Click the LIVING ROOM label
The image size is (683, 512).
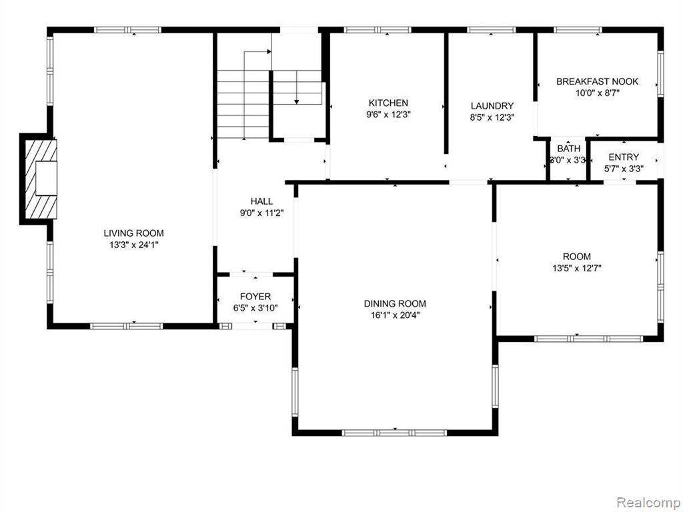coord(133,233)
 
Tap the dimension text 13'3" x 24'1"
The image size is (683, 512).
coord(133,245)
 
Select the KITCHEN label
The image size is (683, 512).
coord(389,103)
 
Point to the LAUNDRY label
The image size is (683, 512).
coord(492,106)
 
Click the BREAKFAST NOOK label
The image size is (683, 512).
coord(597,81)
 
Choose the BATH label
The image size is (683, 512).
coord(569,149)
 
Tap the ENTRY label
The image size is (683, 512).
coord(624,157)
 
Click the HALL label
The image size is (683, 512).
coord(261,201)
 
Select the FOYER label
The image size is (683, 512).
coord(255,297)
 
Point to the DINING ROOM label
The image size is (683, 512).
coord(395,303)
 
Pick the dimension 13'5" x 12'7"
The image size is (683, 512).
coord(577,268)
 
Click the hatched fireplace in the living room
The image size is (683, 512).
coord(40,179)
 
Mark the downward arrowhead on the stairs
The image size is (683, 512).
coord(297,102)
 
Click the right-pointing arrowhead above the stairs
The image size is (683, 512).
coord(269,51)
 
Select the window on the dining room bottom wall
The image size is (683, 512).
coord(395,433)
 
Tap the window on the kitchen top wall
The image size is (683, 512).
coord(378,30)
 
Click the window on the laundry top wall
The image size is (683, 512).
coord(492,30)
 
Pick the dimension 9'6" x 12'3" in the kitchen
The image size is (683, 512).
coord(389,115)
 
